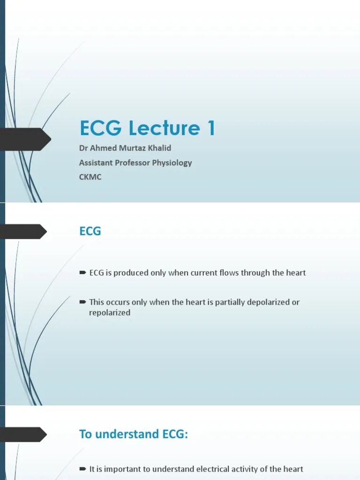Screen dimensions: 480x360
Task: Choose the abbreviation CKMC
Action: [x=90, y=177]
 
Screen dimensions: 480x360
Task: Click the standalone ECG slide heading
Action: [x=90, y=232]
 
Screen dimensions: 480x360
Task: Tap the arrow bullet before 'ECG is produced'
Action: [x=82, y=272]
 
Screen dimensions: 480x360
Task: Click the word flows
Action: [x=230, y=273]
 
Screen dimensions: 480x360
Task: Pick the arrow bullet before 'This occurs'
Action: [x=82, y=302]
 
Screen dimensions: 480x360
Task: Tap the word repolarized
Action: [x=110, y=313]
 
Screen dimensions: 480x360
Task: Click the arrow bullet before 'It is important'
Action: [x=82, y=469]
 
